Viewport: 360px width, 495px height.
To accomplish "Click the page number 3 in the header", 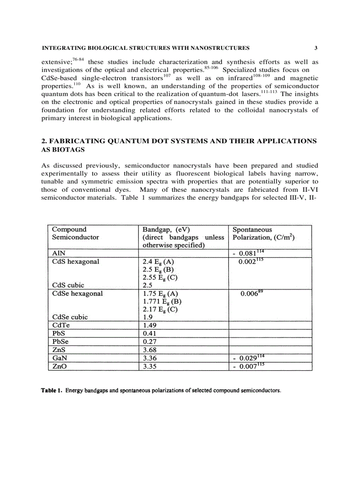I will click(x=316, y=48).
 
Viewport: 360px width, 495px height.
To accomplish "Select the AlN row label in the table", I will click(x=59, y=253).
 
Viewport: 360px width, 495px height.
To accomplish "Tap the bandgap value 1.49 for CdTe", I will click(x=150, y=325).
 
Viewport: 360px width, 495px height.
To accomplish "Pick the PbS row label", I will click(x=59, y=334).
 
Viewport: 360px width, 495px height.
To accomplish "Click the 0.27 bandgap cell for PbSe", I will click(x=150, y=342).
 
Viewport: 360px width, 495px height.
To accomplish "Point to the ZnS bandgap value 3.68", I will click(x=150, y=350).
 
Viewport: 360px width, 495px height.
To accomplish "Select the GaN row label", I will click(x=60, y=358).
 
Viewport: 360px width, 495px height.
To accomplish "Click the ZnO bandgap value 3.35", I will click(x=150, y=366).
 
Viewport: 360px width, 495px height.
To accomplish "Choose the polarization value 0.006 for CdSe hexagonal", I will click(x=249, y=294).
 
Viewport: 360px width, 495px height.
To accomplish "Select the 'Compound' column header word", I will click(x=69, y=229).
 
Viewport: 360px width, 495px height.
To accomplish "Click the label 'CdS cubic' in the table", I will click(x=68, y=285).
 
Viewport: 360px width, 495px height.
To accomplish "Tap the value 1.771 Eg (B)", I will click(x=162, y=301).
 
